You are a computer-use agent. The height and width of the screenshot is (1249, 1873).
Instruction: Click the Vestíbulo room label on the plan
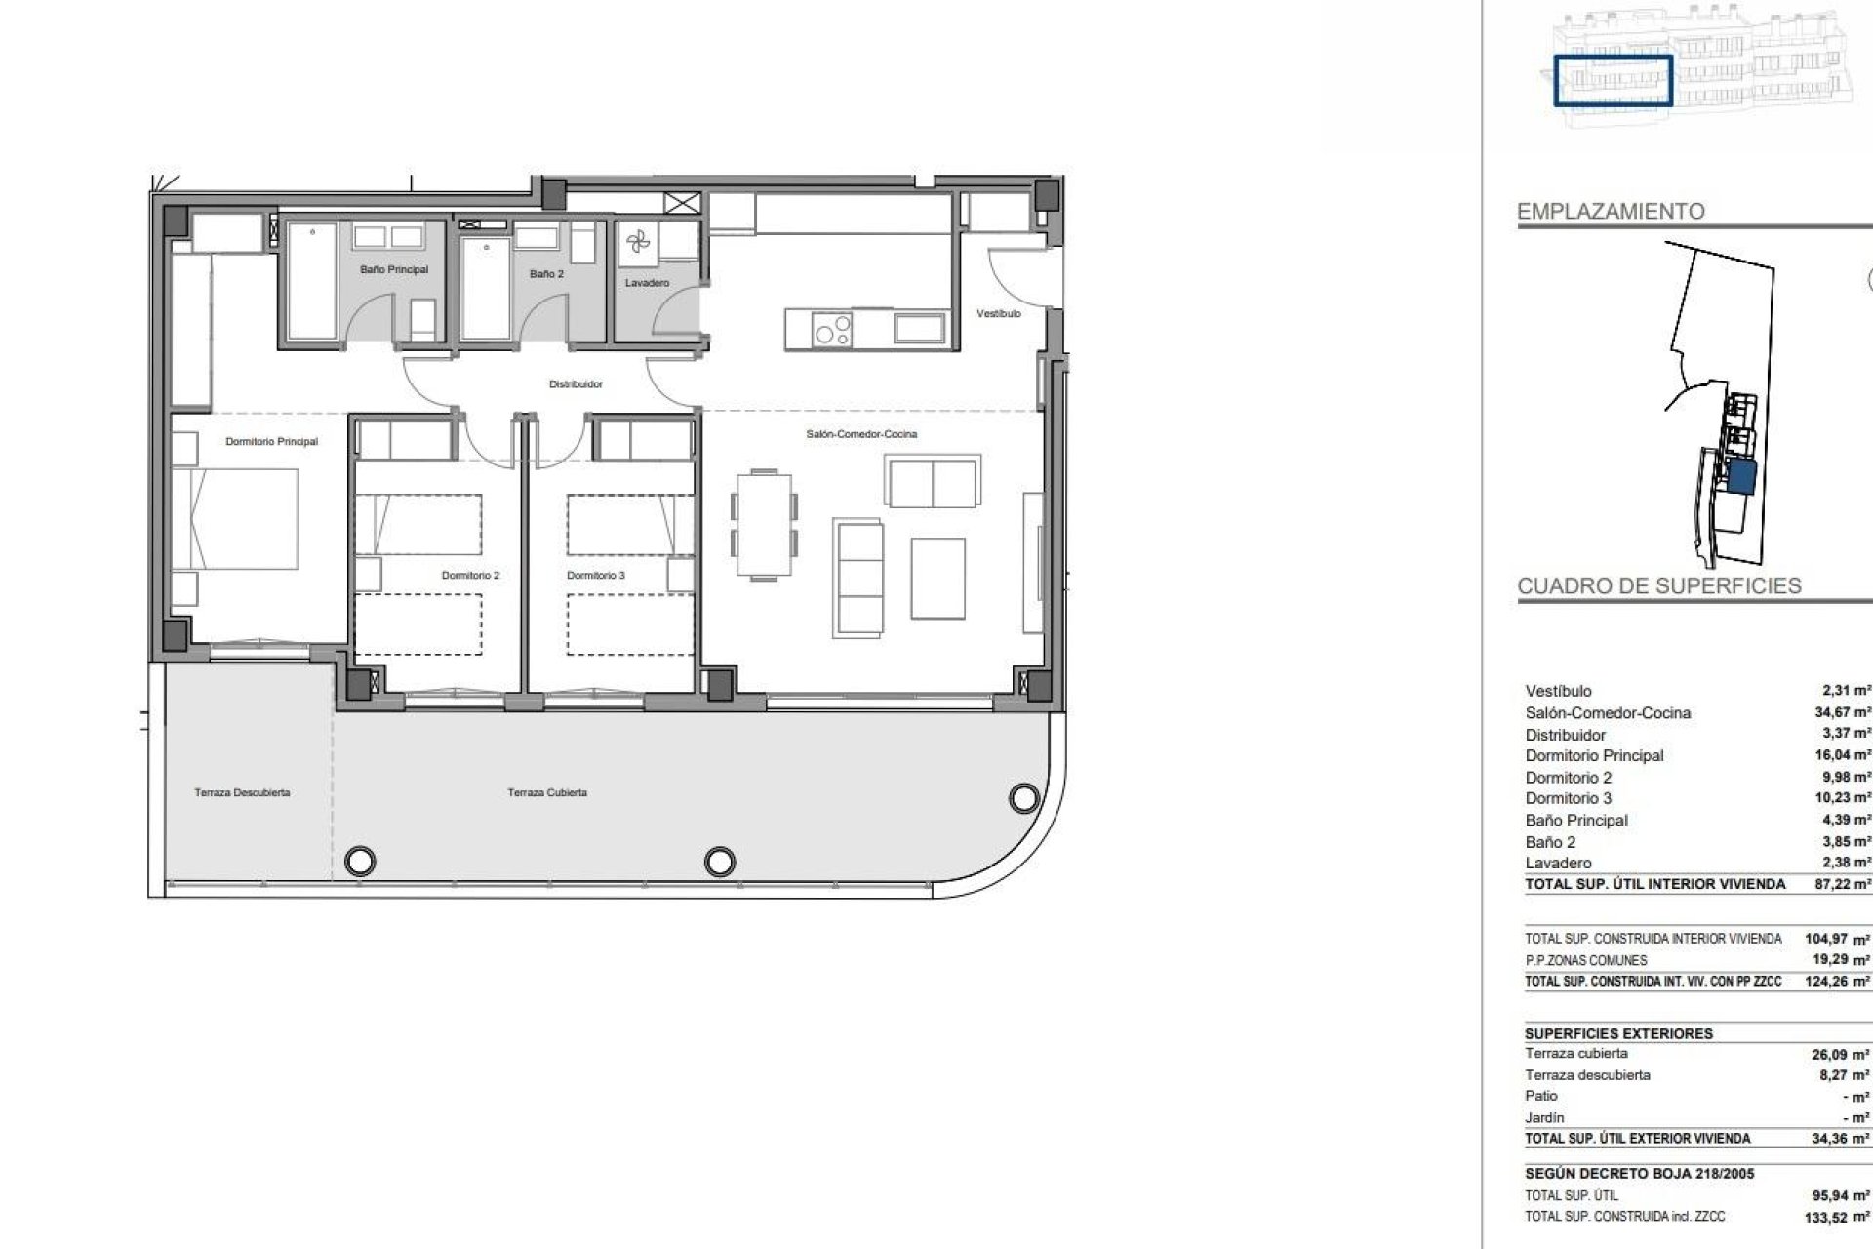(x=999, y=314)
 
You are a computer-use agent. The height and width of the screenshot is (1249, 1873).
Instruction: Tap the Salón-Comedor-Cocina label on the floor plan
(x=861, y=434)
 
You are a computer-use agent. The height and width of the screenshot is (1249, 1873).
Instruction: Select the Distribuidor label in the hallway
(x=576, y=384)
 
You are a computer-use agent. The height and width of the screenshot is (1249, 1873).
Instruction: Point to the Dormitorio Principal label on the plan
(x=271, y=442)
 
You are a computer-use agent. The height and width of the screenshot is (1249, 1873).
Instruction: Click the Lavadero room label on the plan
(x=647, y=284)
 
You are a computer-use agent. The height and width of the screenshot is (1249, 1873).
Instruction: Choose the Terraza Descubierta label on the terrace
(x=242, y=793)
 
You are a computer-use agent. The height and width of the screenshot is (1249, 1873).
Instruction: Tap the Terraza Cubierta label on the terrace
(x=547, y=793)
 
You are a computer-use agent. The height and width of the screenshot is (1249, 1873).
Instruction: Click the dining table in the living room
(x=765, y=524)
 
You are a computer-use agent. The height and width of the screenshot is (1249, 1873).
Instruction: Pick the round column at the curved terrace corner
(x=1023, y=798)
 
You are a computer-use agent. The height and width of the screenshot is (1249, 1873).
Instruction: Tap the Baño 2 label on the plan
(x=546, y=274)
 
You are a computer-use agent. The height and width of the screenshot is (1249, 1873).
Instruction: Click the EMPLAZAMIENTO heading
(x=1611, y=211)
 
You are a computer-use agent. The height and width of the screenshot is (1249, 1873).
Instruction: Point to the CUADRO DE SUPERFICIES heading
(x=1658, y=586)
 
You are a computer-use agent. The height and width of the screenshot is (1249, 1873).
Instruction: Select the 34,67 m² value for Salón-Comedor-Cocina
(x=1842, y=713)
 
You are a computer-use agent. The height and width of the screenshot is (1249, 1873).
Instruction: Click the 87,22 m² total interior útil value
(x=1842, y=884)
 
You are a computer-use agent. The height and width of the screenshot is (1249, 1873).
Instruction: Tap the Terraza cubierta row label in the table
(x=1576, y=1054)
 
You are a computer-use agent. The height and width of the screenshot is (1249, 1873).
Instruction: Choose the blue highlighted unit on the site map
(x=1741, y=478)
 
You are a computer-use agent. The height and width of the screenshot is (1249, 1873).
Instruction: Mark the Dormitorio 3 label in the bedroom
(x=595, y=576)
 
